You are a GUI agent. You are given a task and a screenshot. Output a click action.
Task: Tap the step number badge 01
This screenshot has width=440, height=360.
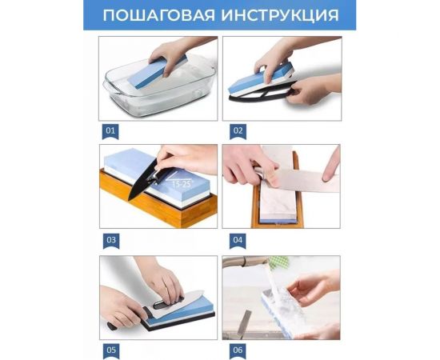(x=109, y=130)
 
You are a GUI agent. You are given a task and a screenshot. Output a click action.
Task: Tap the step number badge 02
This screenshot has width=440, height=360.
(x=238, y=130)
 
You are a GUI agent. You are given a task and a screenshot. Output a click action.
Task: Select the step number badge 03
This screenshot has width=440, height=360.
(x=109, y=238)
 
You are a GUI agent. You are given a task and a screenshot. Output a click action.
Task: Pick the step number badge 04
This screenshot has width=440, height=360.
(x=238, y=238)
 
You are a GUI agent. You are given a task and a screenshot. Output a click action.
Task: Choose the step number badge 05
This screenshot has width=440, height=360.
(x=109, y=349)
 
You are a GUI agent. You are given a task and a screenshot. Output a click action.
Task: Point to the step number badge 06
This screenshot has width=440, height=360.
(x=238, y=349)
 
